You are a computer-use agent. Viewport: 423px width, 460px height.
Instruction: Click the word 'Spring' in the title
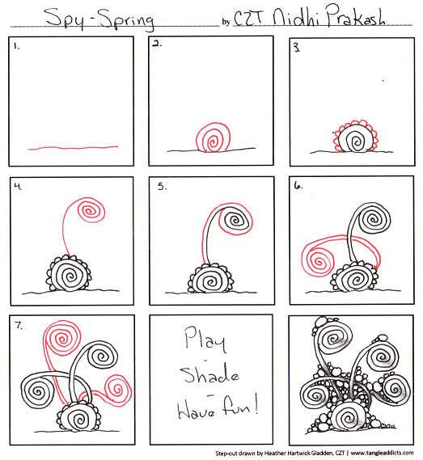pos(127,19)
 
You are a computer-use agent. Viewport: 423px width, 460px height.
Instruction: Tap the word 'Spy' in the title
pos(66,18)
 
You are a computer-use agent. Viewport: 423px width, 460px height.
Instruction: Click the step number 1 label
pos(17,46)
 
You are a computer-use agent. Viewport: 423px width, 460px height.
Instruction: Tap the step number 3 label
pos(297,48)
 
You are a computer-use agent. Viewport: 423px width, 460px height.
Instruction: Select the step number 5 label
pos(163,187)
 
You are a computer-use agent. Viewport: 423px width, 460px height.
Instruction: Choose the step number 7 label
pos(19,325)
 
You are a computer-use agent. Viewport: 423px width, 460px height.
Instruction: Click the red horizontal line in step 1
pos(74,148)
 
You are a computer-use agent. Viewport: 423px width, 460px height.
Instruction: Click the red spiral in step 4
pos(91,211)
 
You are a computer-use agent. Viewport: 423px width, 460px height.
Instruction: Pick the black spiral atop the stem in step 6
pos(373,218)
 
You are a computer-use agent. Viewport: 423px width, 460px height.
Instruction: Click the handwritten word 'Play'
pos(205,339)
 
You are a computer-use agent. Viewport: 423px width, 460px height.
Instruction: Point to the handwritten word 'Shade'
pos(209,373)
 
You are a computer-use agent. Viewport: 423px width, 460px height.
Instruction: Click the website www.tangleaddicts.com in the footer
pos(382,453)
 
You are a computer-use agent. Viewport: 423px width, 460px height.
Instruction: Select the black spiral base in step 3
pos(357,140)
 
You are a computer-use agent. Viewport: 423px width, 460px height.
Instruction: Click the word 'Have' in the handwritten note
pos(196,411)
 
